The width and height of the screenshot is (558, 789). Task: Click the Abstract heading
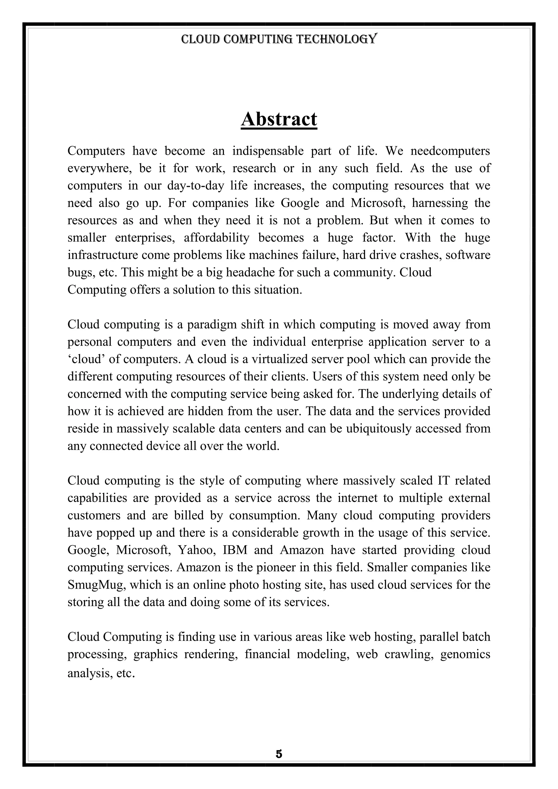(x=279, y=119)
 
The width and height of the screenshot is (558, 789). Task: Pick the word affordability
(x=216, y=238)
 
